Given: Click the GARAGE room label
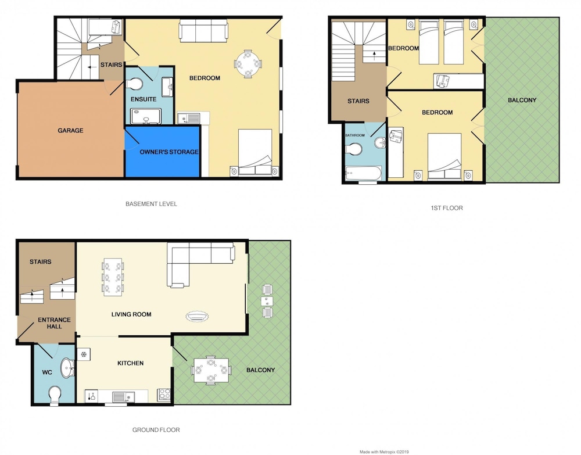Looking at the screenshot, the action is [70, 130].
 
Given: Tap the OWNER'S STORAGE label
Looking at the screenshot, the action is [169, 152].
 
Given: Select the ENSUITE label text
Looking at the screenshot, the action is [144, 99].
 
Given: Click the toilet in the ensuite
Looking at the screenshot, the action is [135, 84].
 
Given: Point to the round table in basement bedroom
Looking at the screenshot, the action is [248, 64].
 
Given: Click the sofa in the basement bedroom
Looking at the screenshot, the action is [203, 31].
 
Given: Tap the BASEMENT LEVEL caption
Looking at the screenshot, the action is [151, 204].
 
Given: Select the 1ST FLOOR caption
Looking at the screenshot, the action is [446, 208].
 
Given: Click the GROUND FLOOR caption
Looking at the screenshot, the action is [156, 430].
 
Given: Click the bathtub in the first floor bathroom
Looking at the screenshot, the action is [363, 173].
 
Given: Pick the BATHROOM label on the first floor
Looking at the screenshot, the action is [355, 135].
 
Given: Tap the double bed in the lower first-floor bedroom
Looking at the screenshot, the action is [444, 157].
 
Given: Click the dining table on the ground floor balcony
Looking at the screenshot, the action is [210, 370].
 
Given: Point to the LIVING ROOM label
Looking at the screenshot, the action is [131, 314].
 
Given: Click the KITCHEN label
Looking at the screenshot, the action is [130, 363].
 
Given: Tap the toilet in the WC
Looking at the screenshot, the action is [55, 395].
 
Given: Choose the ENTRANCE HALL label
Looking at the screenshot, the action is [54, 323].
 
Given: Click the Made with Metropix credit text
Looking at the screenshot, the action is [384, 452].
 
